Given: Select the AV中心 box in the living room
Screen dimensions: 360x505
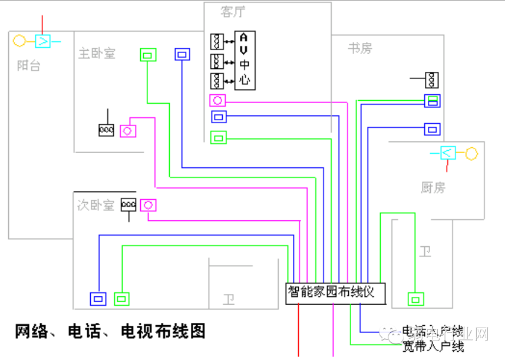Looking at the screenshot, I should [245, 60].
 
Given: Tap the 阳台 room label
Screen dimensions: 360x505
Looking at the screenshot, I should [28, 65].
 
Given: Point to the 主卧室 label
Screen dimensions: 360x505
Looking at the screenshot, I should [97, 54].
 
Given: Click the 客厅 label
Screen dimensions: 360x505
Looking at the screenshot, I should [233, 12].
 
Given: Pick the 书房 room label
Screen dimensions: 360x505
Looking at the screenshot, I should [360, 48].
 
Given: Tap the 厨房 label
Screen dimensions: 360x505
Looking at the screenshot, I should [433, 187].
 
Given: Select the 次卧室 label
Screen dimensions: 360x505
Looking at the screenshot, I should [95, 205].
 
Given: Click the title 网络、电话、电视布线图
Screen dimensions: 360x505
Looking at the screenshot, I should [110, 331].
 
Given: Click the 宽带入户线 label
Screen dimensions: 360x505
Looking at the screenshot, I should [433, 346].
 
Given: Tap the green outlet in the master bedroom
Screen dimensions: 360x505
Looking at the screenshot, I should [148, 55].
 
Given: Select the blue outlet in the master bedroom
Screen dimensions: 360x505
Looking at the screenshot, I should [183, 55].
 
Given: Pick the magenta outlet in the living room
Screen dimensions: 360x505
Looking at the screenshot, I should [217, 101].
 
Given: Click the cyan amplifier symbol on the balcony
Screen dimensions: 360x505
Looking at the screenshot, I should [43, 41].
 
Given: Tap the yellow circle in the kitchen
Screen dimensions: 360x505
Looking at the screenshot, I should [471, 154].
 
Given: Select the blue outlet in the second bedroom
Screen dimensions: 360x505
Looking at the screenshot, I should [98, 299].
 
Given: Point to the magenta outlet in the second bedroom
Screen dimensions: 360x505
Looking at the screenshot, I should [148, 205].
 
